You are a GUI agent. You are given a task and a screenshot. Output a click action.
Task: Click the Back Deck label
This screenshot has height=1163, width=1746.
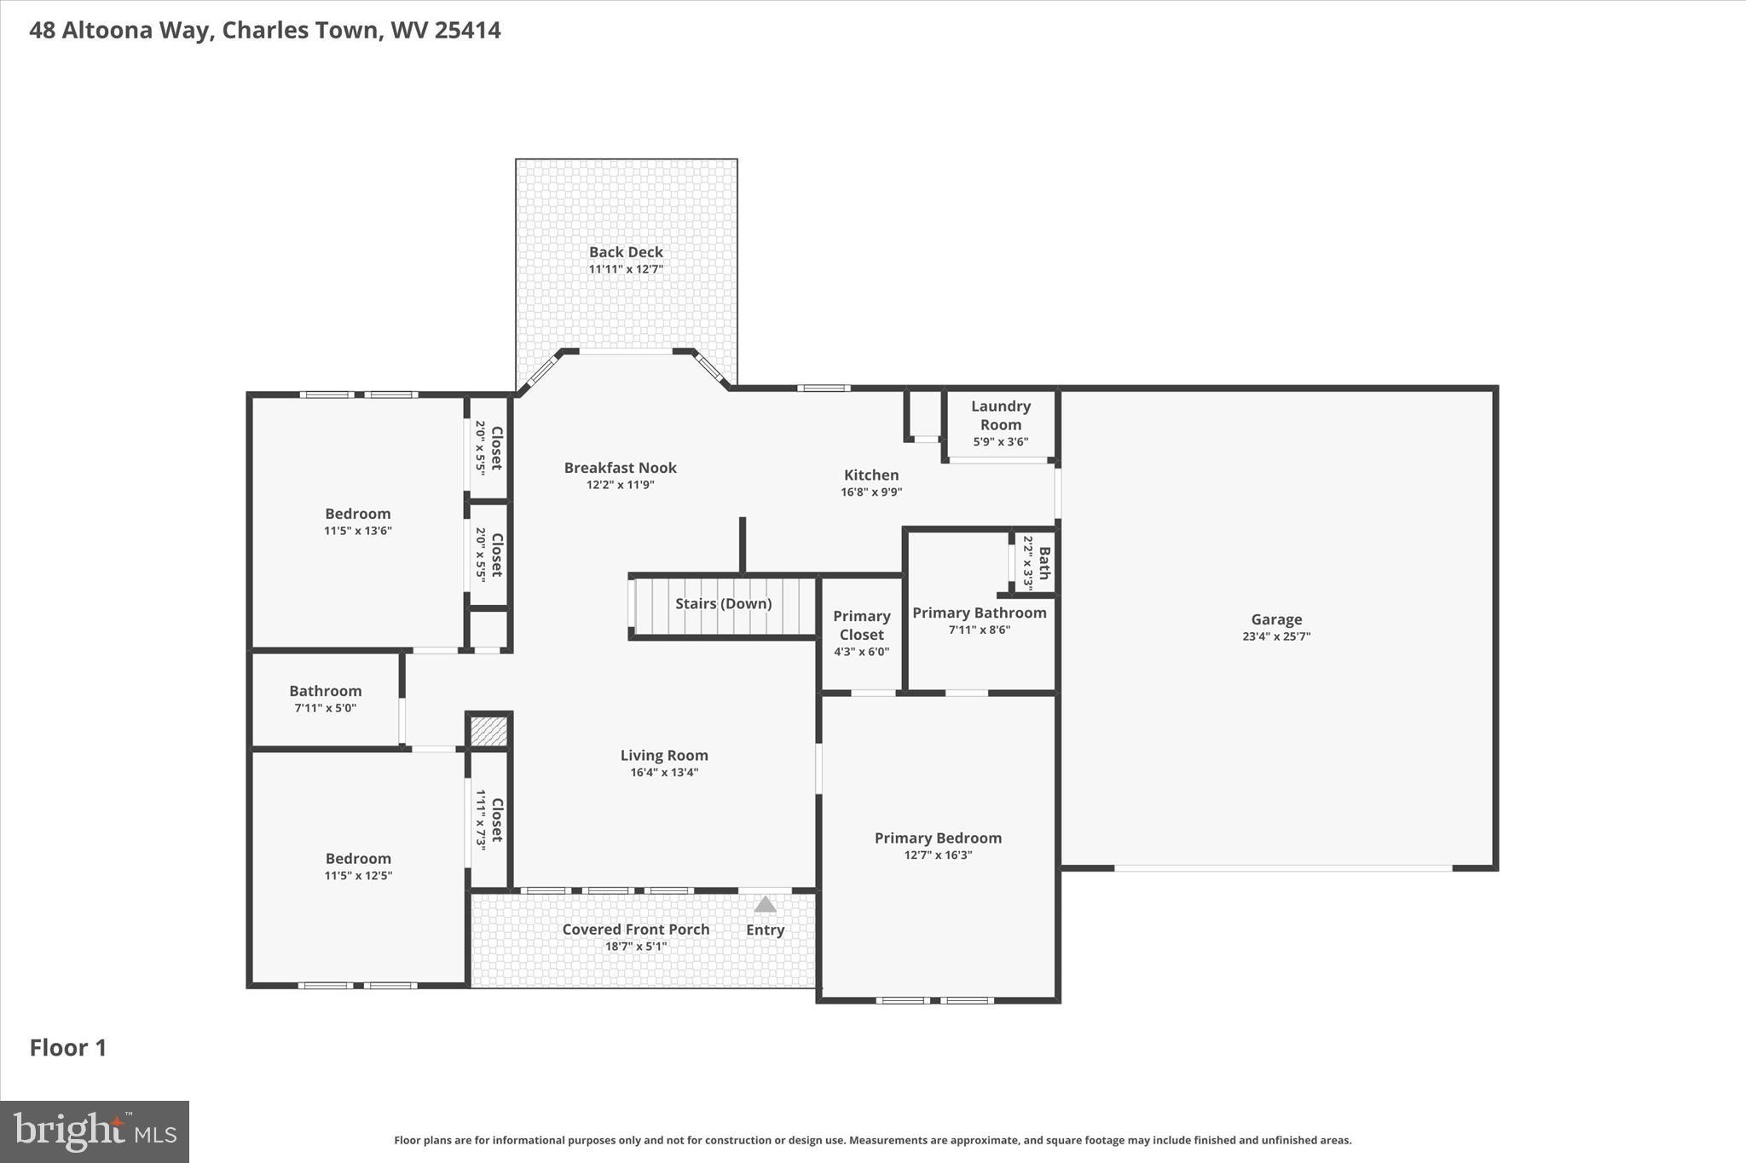point(626,252)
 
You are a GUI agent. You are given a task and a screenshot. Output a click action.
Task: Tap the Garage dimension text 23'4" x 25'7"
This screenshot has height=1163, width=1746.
point(1275,636)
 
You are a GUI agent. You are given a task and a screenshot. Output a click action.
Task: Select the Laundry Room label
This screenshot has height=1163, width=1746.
point(1000,415)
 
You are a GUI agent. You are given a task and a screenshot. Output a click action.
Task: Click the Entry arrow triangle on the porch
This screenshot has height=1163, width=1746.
point(765,904)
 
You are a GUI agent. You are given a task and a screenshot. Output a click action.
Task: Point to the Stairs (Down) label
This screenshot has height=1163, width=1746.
point(723,604)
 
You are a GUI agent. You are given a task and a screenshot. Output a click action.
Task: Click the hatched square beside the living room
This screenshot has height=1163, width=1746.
point(489,731)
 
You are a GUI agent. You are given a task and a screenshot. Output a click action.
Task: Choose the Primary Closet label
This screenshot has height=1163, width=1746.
point(861,625)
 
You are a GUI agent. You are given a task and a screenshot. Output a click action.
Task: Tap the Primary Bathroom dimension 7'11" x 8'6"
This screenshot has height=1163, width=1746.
point(979,630)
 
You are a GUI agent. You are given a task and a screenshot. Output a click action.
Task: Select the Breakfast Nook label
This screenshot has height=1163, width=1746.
point(620,468)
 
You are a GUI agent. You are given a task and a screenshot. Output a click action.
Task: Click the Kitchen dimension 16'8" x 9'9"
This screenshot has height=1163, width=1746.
point(870,492)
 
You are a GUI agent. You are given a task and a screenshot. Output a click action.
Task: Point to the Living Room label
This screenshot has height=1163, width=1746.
point(663,756)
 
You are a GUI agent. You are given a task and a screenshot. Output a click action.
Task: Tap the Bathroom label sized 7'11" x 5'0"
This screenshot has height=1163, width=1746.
point(325,691)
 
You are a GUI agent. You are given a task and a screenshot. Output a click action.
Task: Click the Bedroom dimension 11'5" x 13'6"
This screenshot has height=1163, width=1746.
point(357,531)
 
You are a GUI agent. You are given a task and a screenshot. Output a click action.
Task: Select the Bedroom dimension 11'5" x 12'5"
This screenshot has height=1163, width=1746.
point(358,876)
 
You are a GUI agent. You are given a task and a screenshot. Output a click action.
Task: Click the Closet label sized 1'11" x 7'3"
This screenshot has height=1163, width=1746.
point(496,819)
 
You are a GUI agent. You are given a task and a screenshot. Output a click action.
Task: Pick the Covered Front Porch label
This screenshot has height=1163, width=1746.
point(635,930)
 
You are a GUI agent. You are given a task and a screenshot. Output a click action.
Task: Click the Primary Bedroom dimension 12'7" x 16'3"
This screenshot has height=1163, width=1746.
point(938,855)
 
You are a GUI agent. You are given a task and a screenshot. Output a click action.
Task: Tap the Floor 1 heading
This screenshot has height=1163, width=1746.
point(68,1048)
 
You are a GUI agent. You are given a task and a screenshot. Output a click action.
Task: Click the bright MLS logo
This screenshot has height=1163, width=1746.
point(95,1131)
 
